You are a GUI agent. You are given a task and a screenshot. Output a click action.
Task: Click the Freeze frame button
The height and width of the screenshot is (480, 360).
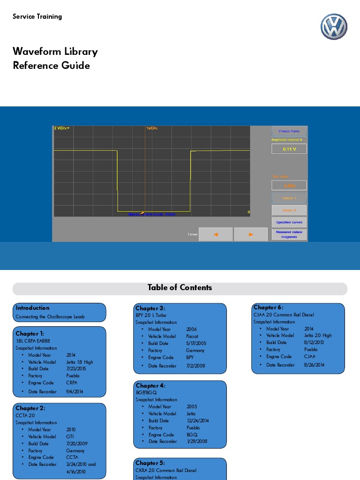point(289,131)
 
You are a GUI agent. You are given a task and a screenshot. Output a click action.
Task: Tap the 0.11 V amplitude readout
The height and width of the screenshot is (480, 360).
point(289,149)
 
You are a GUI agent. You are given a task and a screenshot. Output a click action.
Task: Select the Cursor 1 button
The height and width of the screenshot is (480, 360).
point(289,198)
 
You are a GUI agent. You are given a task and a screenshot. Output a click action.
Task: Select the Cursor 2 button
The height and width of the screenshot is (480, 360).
point(289,210)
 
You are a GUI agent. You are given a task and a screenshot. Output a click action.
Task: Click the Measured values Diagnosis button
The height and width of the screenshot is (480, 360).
point(289,234)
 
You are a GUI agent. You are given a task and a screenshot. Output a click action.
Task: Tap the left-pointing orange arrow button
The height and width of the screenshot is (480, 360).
point(216,234)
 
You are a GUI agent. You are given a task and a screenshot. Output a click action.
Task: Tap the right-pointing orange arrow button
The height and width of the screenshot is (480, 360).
point(251,234)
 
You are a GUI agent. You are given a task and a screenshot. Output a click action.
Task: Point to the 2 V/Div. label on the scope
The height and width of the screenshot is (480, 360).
point(61,128)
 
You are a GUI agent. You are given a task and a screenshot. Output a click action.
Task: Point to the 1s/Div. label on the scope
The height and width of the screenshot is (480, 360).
point(152,128)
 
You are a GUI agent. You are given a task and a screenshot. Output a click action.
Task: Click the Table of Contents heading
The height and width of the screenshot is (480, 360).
point(180,288)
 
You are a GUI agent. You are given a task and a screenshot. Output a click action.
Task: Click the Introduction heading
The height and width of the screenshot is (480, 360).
point(32,308)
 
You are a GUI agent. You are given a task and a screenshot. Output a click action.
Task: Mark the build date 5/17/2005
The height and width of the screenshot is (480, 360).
point(196,343)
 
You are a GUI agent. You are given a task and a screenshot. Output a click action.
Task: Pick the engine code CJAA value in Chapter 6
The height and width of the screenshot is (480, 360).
point(310,356)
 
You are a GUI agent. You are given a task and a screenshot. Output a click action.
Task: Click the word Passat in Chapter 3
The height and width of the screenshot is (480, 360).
point(192,336)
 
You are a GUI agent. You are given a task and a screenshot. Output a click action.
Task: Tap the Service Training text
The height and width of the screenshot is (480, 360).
point(37,16)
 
